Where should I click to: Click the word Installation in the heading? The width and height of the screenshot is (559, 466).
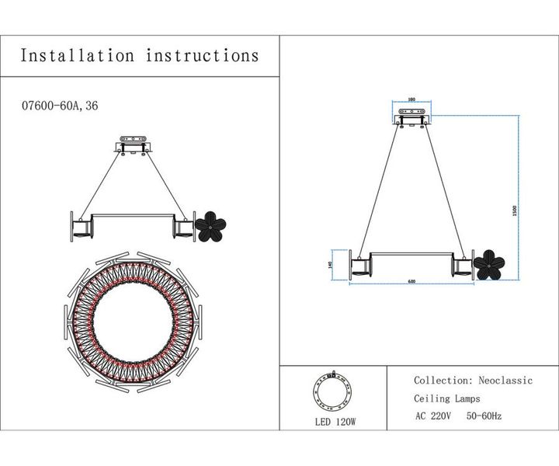[77, 56]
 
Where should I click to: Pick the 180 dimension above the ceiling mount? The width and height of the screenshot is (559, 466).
[411, 100]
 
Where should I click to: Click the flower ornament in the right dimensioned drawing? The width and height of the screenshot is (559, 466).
[488, 264]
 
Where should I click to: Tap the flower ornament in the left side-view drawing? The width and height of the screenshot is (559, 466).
[210, 226]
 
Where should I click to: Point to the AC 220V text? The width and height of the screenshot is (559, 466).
[432, 416]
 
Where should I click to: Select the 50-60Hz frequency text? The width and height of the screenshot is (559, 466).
[484, 416]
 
